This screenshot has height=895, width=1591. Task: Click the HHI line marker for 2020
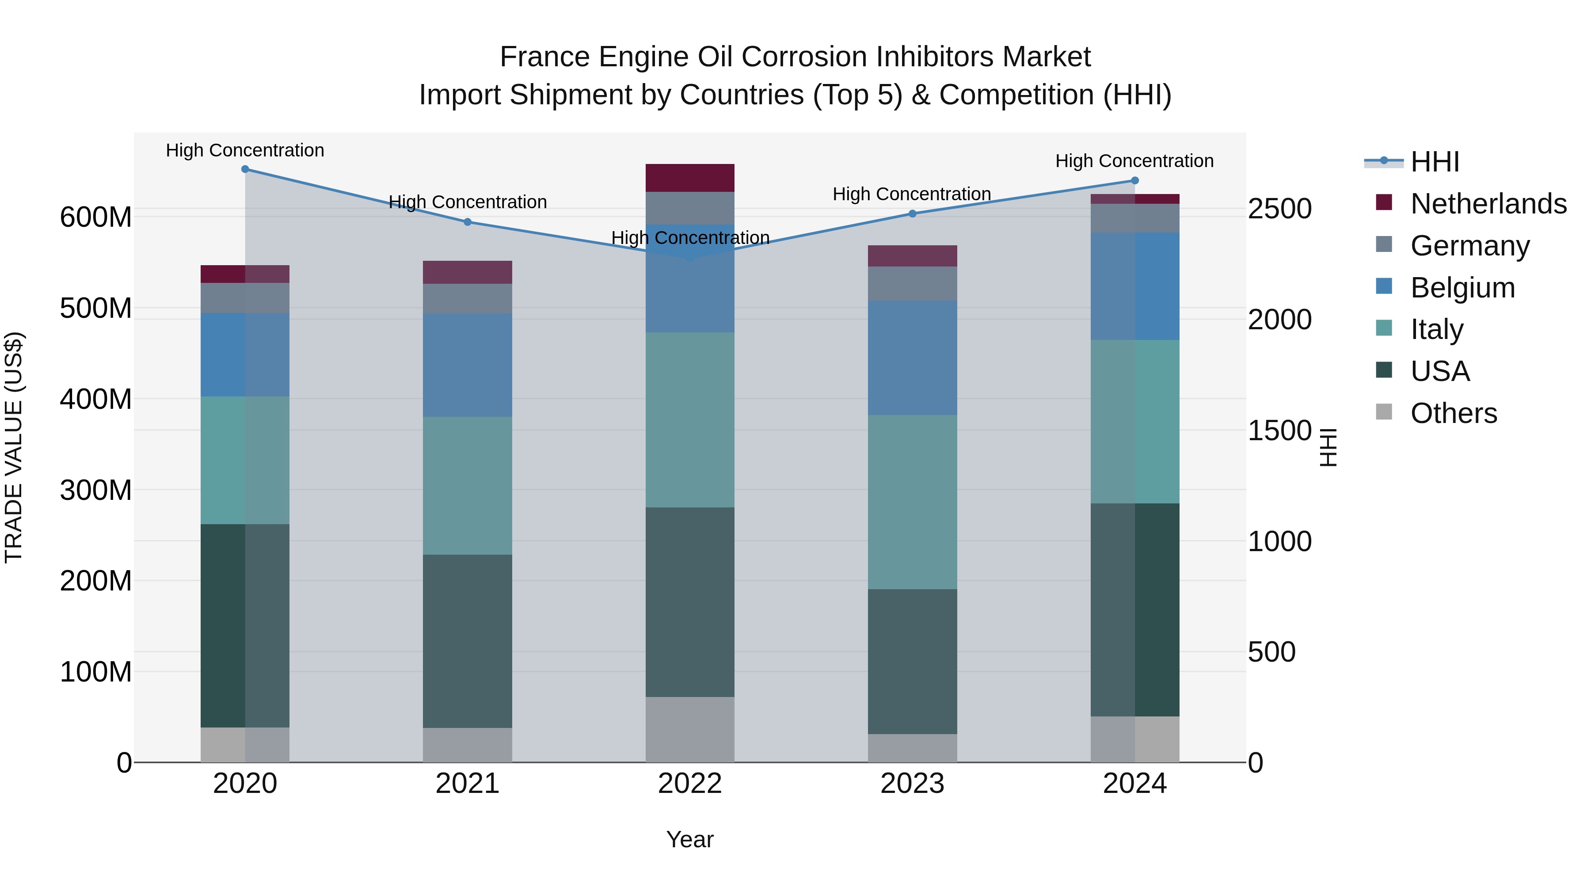(x=245, y=169)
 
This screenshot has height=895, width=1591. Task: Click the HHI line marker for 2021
(x=468, y=222)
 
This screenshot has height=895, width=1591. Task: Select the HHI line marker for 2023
(x=912, y=214)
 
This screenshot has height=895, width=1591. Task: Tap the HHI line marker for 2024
(x=1134, y=181)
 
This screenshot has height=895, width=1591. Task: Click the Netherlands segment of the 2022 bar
(x=690, y=178)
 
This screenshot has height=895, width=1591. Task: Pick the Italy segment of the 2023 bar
(x=912, y=502)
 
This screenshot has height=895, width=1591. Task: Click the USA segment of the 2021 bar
(x=468, y=641)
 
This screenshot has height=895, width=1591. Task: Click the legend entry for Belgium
(x=1462, y=288)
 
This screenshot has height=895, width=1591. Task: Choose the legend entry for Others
(x=1453, y=413)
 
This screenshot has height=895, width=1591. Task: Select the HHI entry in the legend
(x=1434, y=162)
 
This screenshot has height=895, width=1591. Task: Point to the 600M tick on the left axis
(x=96, y=217)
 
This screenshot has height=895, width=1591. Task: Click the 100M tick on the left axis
(x=96, y=672)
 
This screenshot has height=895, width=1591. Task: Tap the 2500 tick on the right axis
(x=1279, y=209)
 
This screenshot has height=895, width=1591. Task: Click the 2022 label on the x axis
(x=690, y=784)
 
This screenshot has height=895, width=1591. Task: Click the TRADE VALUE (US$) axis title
(x=14, y=448)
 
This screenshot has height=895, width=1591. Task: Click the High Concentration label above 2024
(x=1134, y=161)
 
